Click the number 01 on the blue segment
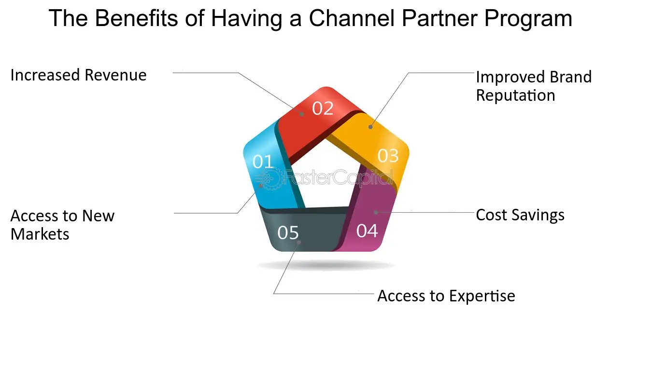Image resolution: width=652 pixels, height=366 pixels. (x=263, y=162)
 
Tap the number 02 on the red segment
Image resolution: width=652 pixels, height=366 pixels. (x=323, y=108)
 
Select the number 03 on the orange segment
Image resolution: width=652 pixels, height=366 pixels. (x=388, y=156)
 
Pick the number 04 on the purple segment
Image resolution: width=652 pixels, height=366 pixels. (x=367, y=231)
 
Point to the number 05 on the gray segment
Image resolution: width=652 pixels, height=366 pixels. (x=288, y=233)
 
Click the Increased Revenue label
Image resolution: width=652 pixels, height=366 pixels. (x=78, y=75)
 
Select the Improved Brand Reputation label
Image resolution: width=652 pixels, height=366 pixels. (x=533, y=86)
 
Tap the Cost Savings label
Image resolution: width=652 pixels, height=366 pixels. (x=520, y=215)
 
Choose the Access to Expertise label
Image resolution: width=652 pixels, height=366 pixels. (x=446, y=296)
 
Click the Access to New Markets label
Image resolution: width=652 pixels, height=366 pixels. (x=62, y=225)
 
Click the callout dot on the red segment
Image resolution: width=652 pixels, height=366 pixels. (x=301, y=114)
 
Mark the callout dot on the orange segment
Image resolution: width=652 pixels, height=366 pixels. (x=370, y=127)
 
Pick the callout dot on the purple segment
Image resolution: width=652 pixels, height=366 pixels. (x=375, y=212)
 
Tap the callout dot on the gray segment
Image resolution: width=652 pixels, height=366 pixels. (x=299, y=243)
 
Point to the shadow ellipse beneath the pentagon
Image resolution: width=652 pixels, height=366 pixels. (x=326, y=265)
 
